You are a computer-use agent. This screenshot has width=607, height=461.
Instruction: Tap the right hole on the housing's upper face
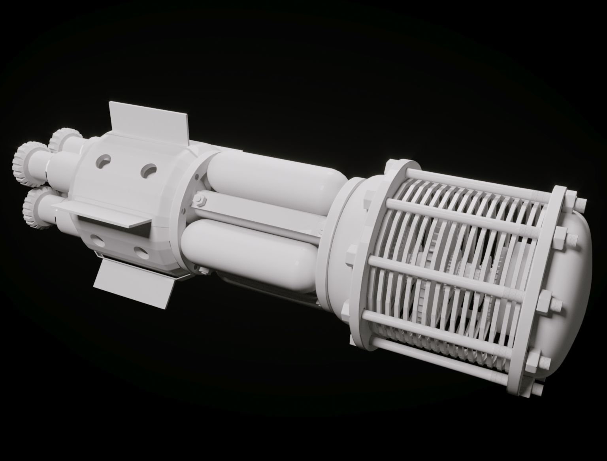tap(149, 171)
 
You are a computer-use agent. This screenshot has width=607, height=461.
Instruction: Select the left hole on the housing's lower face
tap(96, 238)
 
